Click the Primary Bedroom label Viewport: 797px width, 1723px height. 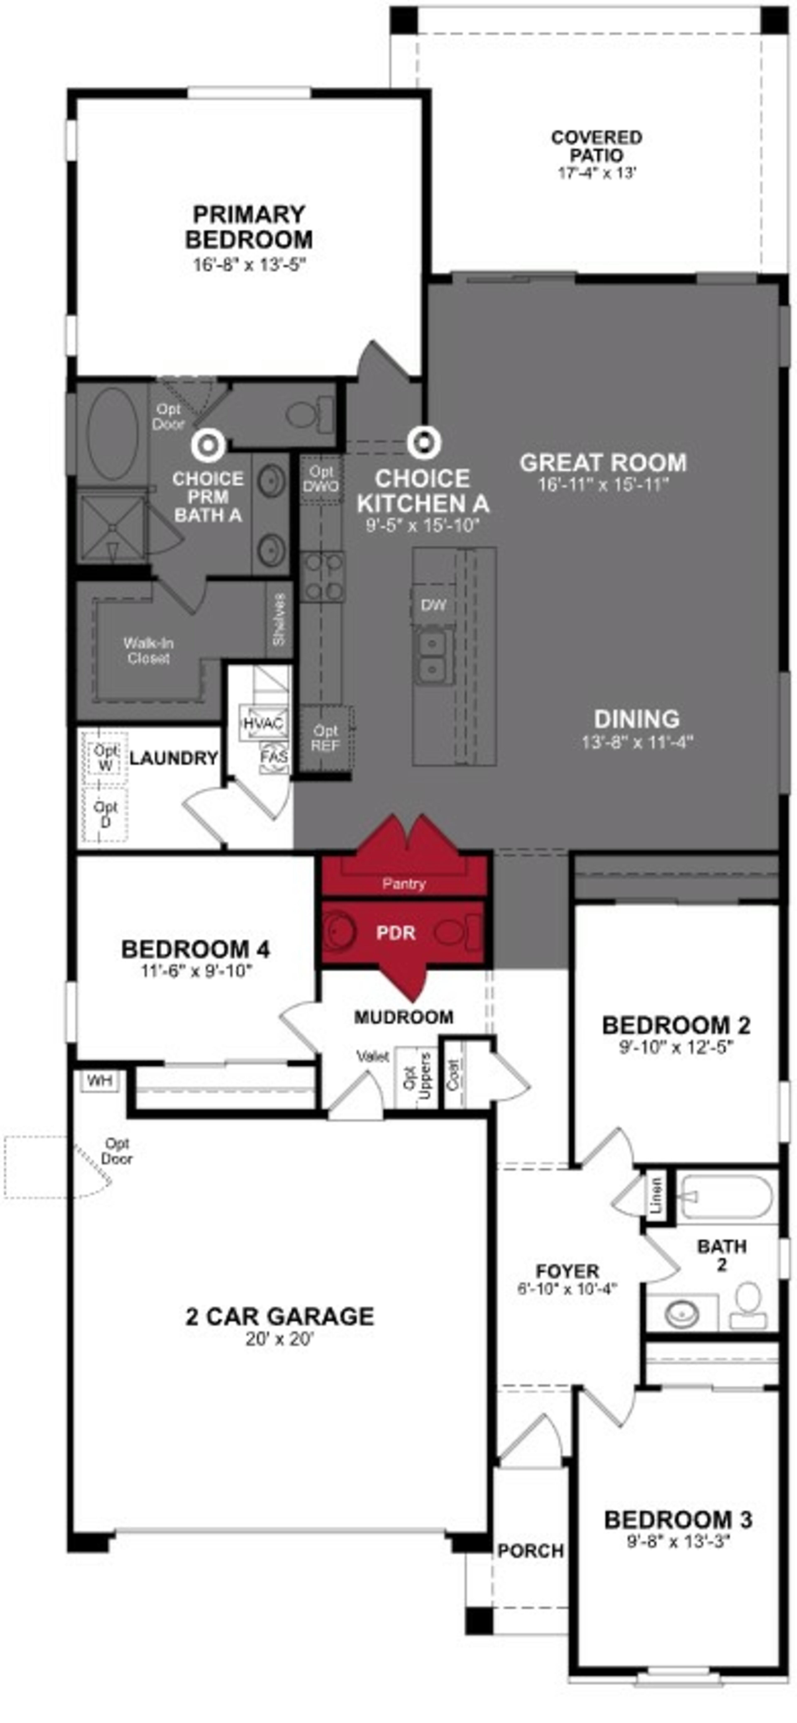(x=249, y=227)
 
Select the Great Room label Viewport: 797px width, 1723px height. (x=603, y=462)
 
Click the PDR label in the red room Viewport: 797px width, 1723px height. (x=396, y=932)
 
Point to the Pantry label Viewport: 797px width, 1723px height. (x=404, y=884)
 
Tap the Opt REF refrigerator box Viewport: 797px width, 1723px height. (x=326, y=738)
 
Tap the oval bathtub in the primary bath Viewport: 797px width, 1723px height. (x=112, y=435)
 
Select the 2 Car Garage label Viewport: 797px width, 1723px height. (x=280, y=1316)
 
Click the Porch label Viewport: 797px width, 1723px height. (x=530, y=1550)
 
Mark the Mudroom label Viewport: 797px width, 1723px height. (x=404, y=1017)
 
